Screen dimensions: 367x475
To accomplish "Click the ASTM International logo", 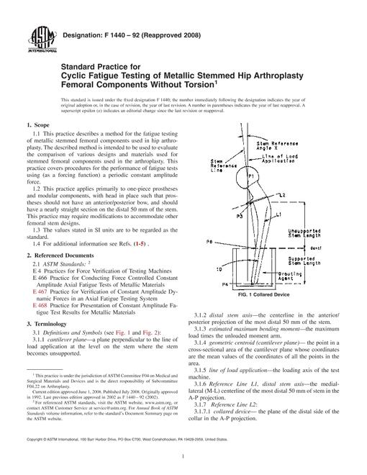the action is tap(42, 40).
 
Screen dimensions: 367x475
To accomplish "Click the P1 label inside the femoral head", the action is tap(251, 176).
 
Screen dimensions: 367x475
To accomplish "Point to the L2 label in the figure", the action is tap(282, 195).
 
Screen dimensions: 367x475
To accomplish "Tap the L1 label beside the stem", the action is tap(278, 214).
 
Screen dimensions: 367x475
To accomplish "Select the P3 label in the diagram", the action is tap(240, 217).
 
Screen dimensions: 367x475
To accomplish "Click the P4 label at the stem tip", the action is tap(225, 284).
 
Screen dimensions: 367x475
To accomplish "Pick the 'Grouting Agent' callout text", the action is tap(290, 276).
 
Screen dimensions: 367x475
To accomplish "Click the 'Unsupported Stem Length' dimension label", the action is tap(304, 233).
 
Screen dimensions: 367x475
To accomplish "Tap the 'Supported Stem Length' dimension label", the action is tap(304, 261).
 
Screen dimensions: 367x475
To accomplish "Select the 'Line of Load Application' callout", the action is tap(280, 159).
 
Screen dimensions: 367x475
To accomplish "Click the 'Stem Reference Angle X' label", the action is tap(277, 145).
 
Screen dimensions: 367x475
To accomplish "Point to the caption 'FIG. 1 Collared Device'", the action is tap(264, 294).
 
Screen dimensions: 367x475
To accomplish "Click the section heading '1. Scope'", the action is tap(38, 125).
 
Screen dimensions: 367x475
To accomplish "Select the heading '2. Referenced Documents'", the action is tap(60, 255).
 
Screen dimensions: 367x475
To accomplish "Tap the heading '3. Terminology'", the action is tap(47, 324).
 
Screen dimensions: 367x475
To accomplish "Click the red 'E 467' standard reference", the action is tap(40, 291).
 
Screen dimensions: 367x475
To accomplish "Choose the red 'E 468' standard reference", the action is tap(40, 305).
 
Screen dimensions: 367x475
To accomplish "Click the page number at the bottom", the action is tap(183, 456).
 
